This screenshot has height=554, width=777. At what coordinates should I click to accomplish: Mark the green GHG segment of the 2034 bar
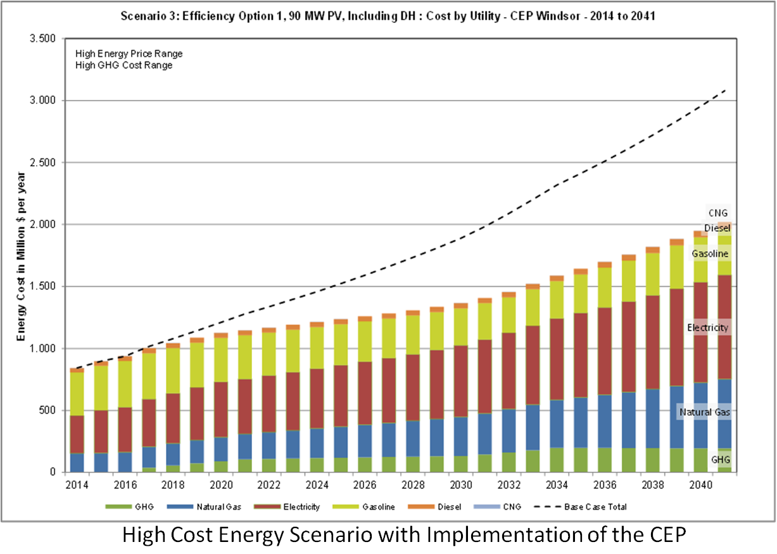557,460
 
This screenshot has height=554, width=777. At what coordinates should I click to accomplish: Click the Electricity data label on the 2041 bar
708,328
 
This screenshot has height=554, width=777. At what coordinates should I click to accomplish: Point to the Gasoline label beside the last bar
710,254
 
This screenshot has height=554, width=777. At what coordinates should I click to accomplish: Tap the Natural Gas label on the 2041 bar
705,412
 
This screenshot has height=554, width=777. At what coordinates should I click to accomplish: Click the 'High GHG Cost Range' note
123,65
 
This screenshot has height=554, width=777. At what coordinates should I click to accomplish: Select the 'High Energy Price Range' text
129,54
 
